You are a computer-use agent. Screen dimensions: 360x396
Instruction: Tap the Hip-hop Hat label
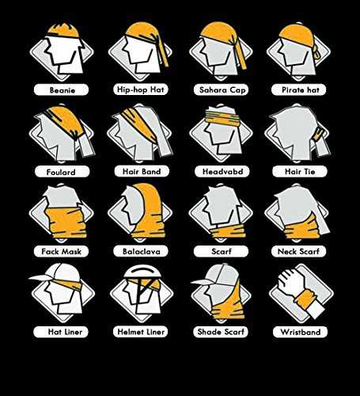point(141,89)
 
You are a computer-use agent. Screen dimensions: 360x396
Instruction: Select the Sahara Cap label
point(221,89)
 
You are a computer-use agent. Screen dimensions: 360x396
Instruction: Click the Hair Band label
point(142,171)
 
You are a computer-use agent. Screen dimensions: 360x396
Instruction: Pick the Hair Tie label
point(300,172)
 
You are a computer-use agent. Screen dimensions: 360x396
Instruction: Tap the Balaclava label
point(141,251)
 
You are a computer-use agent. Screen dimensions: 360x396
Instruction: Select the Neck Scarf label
point(299,251)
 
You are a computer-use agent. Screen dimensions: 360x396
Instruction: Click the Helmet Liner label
point(141,332)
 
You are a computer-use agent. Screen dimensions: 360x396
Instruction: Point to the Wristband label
point(301,332)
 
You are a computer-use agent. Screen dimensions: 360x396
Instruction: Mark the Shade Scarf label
point(221,332)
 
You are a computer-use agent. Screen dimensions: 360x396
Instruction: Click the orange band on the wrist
point(305,299)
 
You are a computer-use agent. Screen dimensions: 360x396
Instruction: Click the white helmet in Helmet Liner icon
point(142,272)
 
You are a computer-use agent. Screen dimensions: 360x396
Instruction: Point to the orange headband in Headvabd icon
point(222,118)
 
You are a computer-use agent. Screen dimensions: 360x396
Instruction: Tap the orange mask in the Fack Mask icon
point(66,222)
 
